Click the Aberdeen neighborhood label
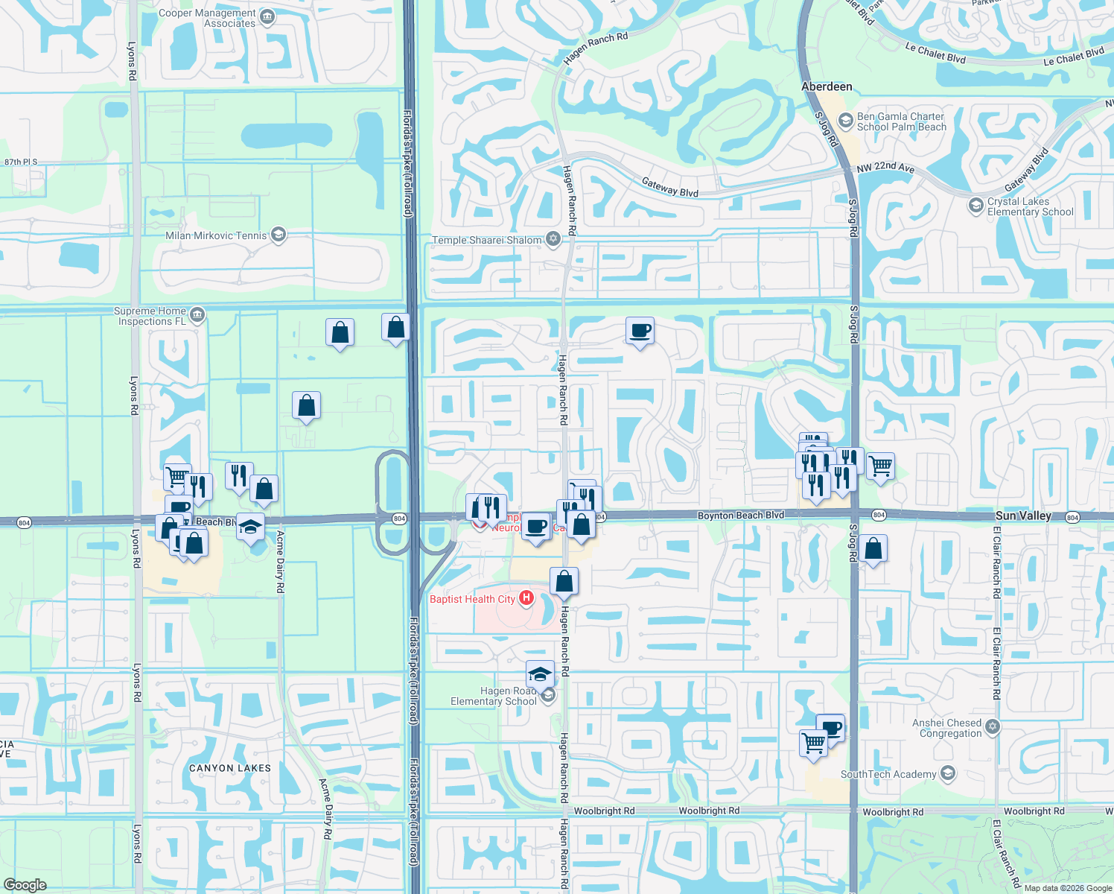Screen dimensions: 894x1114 pyautogui.click(x=827, y=86)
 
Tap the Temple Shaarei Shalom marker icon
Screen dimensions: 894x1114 pyautogui.click(x=553, y=239)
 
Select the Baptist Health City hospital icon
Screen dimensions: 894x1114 pyautogui.click(x=526, y=597)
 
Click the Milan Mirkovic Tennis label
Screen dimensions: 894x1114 pyautogui.click(x=216, y=235)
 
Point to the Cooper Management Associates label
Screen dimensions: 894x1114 pyautogui.click(x=207, y=19)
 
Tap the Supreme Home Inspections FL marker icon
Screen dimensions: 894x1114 pyautogui.click(x=197, y=315)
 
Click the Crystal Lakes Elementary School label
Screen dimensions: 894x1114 pyautogui.click(x=1030, y=206)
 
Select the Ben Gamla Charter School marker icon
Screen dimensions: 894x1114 pyautogui.click(x=845, y=120)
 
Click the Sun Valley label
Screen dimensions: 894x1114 pyautogui.click(x=1023, y=516)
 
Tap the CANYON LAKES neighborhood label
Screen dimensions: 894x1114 pyautogui.click(x=230, y=768)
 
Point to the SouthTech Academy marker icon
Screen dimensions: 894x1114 pyautogui.click(x=947, y=773)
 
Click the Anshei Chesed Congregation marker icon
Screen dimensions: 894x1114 pyautogui.click(x=992, y=726)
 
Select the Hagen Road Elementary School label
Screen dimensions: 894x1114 pyautogui.click(x=493, y=696)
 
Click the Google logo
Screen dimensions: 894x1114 pyautogui.click(x=25, y=885)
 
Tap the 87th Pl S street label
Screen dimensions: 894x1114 pyautogui.click(x=21, y=162)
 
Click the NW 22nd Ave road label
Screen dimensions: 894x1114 pyautogui.click(x=885, y=168)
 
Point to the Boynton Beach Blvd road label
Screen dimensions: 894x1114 pyautogui.click(x=740, y=516)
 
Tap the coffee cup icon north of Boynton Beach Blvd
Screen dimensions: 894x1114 pyautogui.click(x=640, y=330)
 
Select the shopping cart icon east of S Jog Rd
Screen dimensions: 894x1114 pyautogui.click(x=880, y=466)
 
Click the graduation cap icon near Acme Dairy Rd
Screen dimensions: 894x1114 pyautogui.click(x=251, y=526)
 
